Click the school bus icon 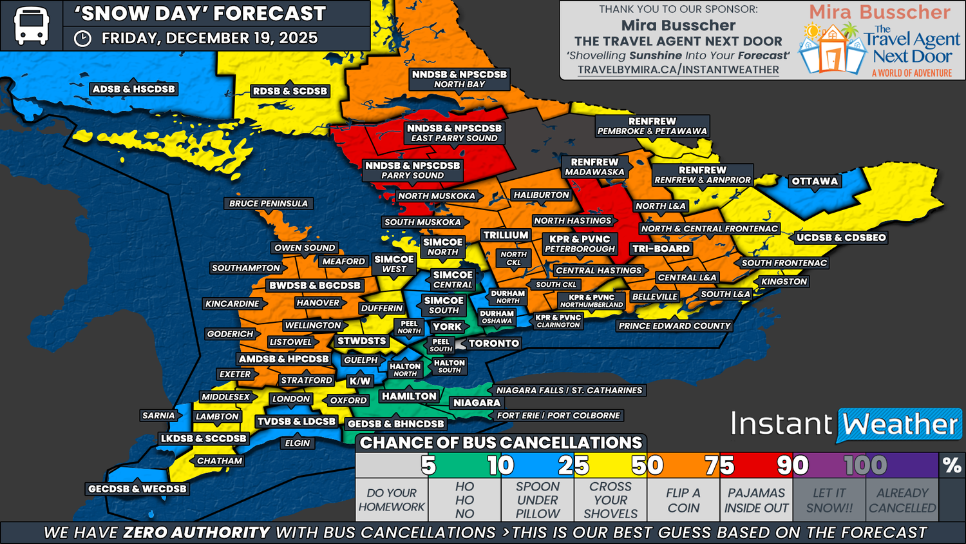pyautogui.click(x=31, y=26)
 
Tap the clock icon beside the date pyautogui.click(x=82, y=39)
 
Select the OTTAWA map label pyautogui.click(x=815, y=181)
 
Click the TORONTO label pyautogui.click(x=493, y=344)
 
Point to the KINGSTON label pyautogui.click(x=784, y=282)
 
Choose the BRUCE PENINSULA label pyautogui.click(x=269, y=204)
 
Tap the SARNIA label pyautogui.click(x=158, y=416)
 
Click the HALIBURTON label pyautogui.click(x=541, y=195)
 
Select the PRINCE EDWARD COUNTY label pyautogui.click(x=674, y=326)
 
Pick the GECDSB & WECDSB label pyautogui.click(x=137, y=489)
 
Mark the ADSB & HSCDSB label pyautogui.click(x=133, y=89)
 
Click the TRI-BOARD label pyautogui.click(x=661, y=249)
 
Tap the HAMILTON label pyautogui.click(x=409, y=396)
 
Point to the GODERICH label pyautogui.click(x=230, y=334)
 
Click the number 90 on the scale pyautogui.click(x=792, y=465)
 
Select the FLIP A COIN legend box pyautogui.click(x=683, y=500)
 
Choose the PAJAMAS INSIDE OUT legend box pyautogui.click(x=756, y=500)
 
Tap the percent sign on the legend pyautogui.click(x=951, y=465)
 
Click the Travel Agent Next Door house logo pyautogui.click(x=832, y=48)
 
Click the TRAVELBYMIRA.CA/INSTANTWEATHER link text pyautogui.click(x=678, y=70)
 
